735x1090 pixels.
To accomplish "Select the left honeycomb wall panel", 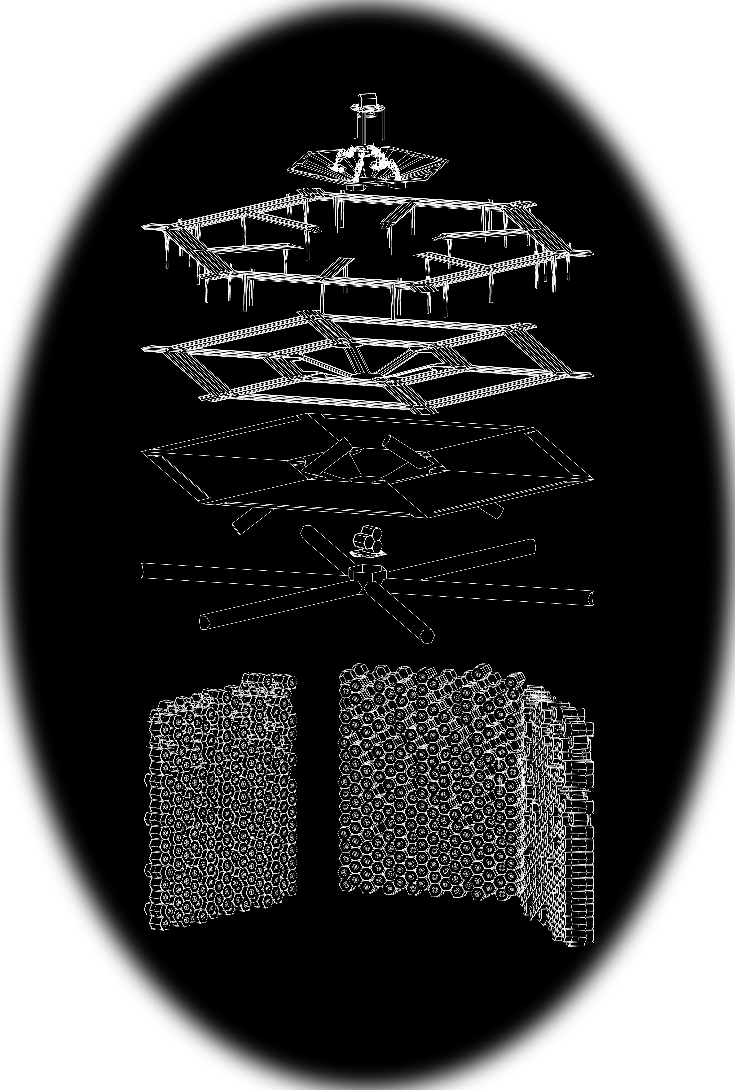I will [220, 802].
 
